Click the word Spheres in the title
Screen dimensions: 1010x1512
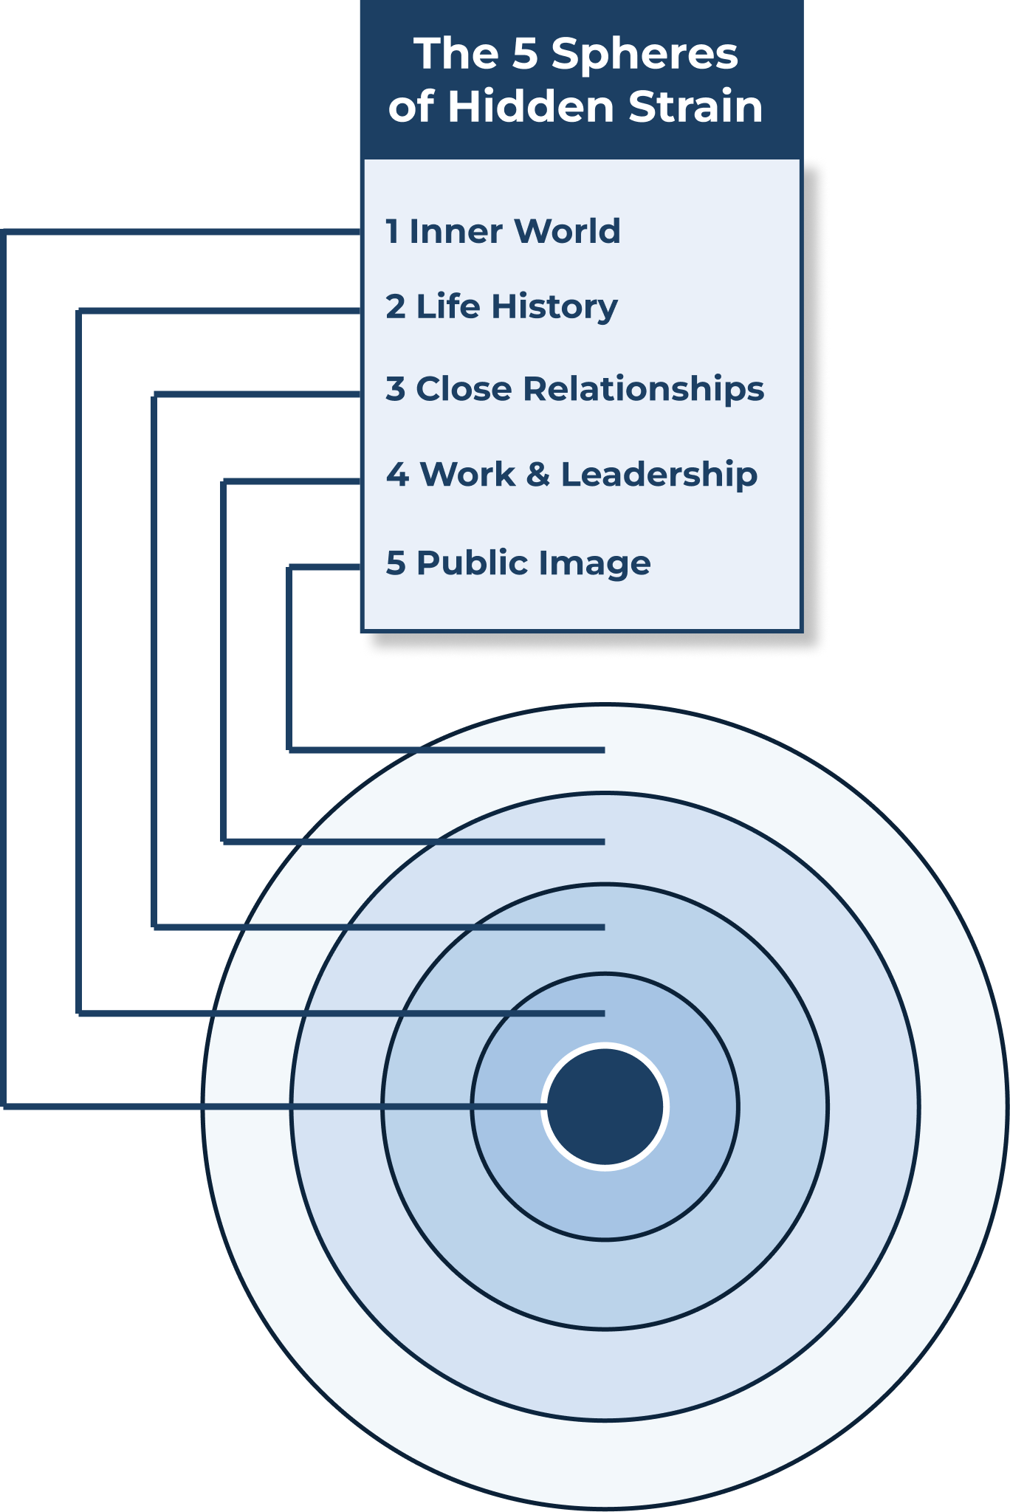tap(645, 55)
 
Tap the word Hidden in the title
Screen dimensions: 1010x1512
tap(530, 106)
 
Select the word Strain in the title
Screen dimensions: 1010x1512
tap(695, 106)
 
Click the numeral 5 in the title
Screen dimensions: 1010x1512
tap(524, 55)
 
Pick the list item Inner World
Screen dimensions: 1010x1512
tap(503, 231)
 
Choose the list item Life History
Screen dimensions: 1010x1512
tap(501, 307)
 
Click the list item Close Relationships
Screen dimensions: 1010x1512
tap(574, 389)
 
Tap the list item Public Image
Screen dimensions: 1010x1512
tap(518, 563)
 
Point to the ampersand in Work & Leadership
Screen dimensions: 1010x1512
tap(538, 475)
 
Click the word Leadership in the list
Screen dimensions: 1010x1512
tap(659, 475)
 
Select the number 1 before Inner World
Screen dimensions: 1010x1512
tap(392, 231)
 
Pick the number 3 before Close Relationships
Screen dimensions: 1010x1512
tap(396, 389)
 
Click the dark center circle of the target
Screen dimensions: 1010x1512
tap(605, 1106)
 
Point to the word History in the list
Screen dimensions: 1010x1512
tap(554, 307)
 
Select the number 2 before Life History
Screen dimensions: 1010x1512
tap(396, 307)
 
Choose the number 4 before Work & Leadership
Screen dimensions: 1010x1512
tap(397, 475)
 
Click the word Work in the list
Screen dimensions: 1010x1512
tap(467, 475)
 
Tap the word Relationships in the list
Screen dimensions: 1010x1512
tap(643, 389)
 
